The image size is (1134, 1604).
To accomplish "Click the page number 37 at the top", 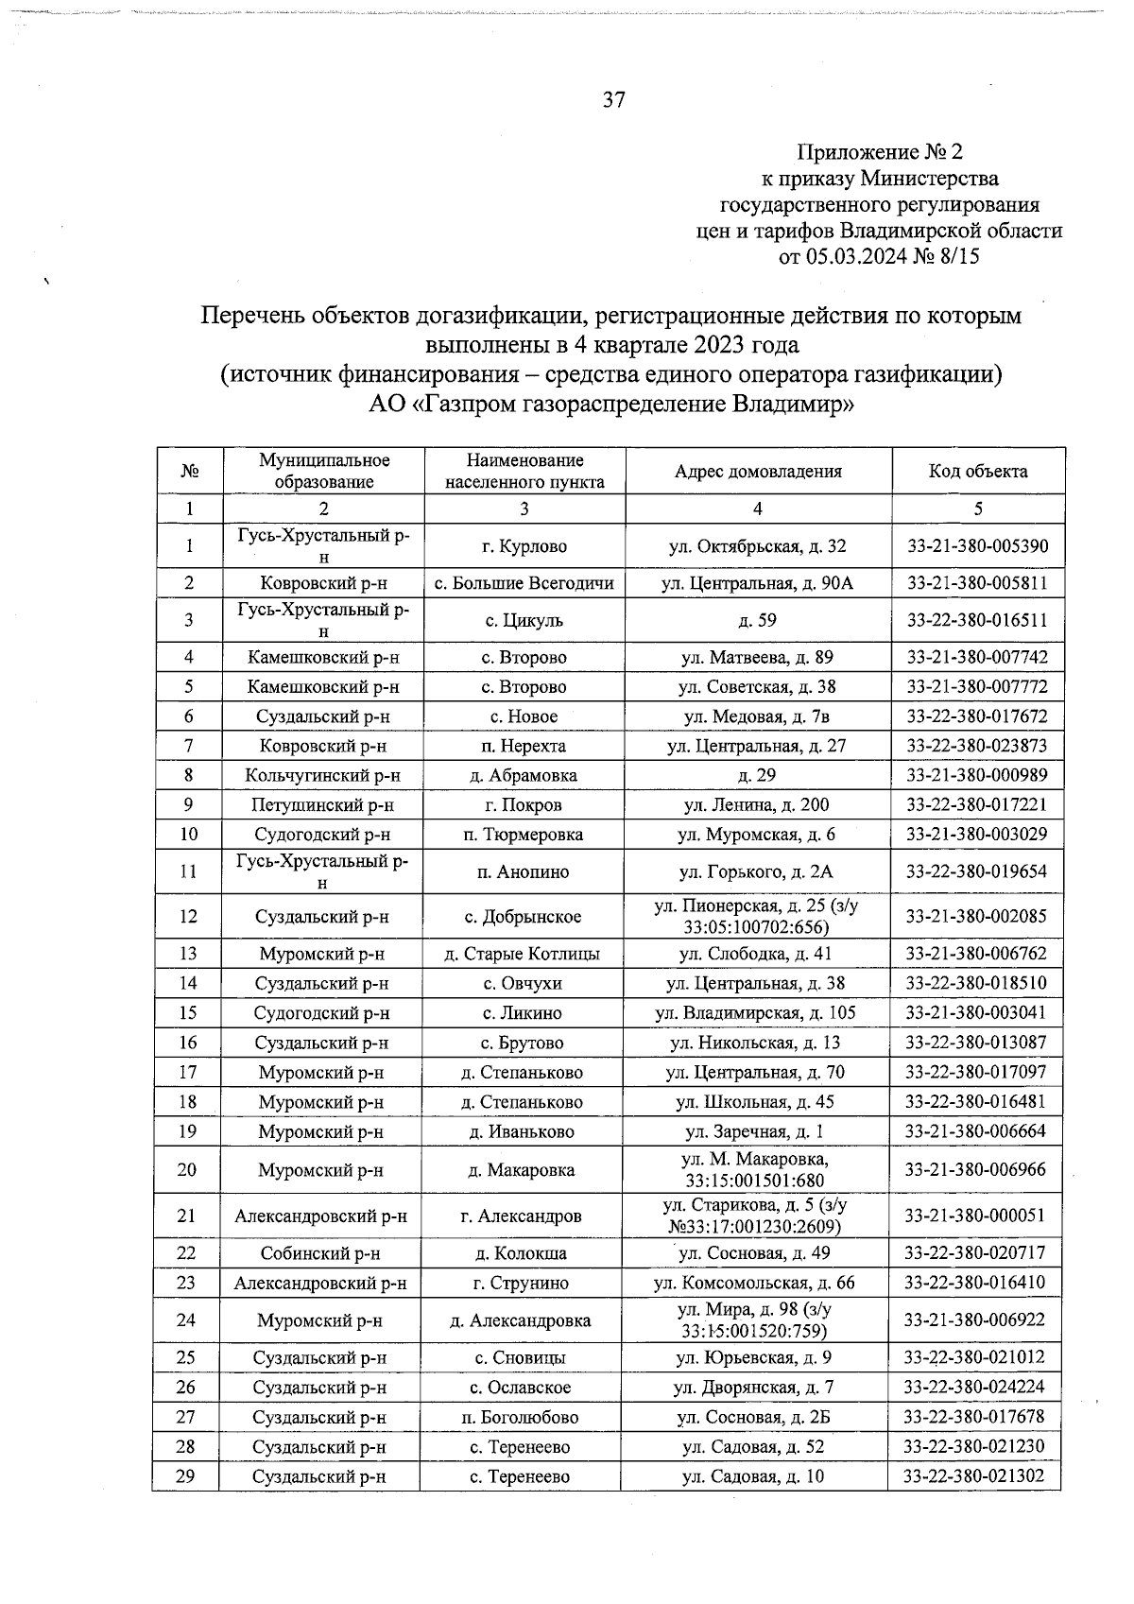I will (x=613, y=100).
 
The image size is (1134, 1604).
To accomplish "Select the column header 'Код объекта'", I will (x=978, y=471).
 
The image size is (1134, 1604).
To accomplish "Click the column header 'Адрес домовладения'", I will (x=758, y=471).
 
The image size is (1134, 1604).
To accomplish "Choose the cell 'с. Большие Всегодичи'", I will (x=524, y=583).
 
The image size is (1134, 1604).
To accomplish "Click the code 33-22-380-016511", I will (x=977, y=620).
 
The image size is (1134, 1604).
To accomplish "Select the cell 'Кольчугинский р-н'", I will (x=323, y=776).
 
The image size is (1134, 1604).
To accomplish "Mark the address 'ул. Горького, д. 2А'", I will (x=757, y=871).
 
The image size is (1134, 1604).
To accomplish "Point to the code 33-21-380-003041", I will (x=976, y=1013).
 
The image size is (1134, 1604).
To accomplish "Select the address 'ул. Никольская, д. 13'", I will (x=755, y=1043).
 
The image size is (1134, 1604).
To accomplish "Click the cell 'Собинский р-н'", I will (x=320, y=1253).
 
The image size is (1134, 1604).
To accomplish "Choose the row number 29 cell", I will (x=186, y=1475).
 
